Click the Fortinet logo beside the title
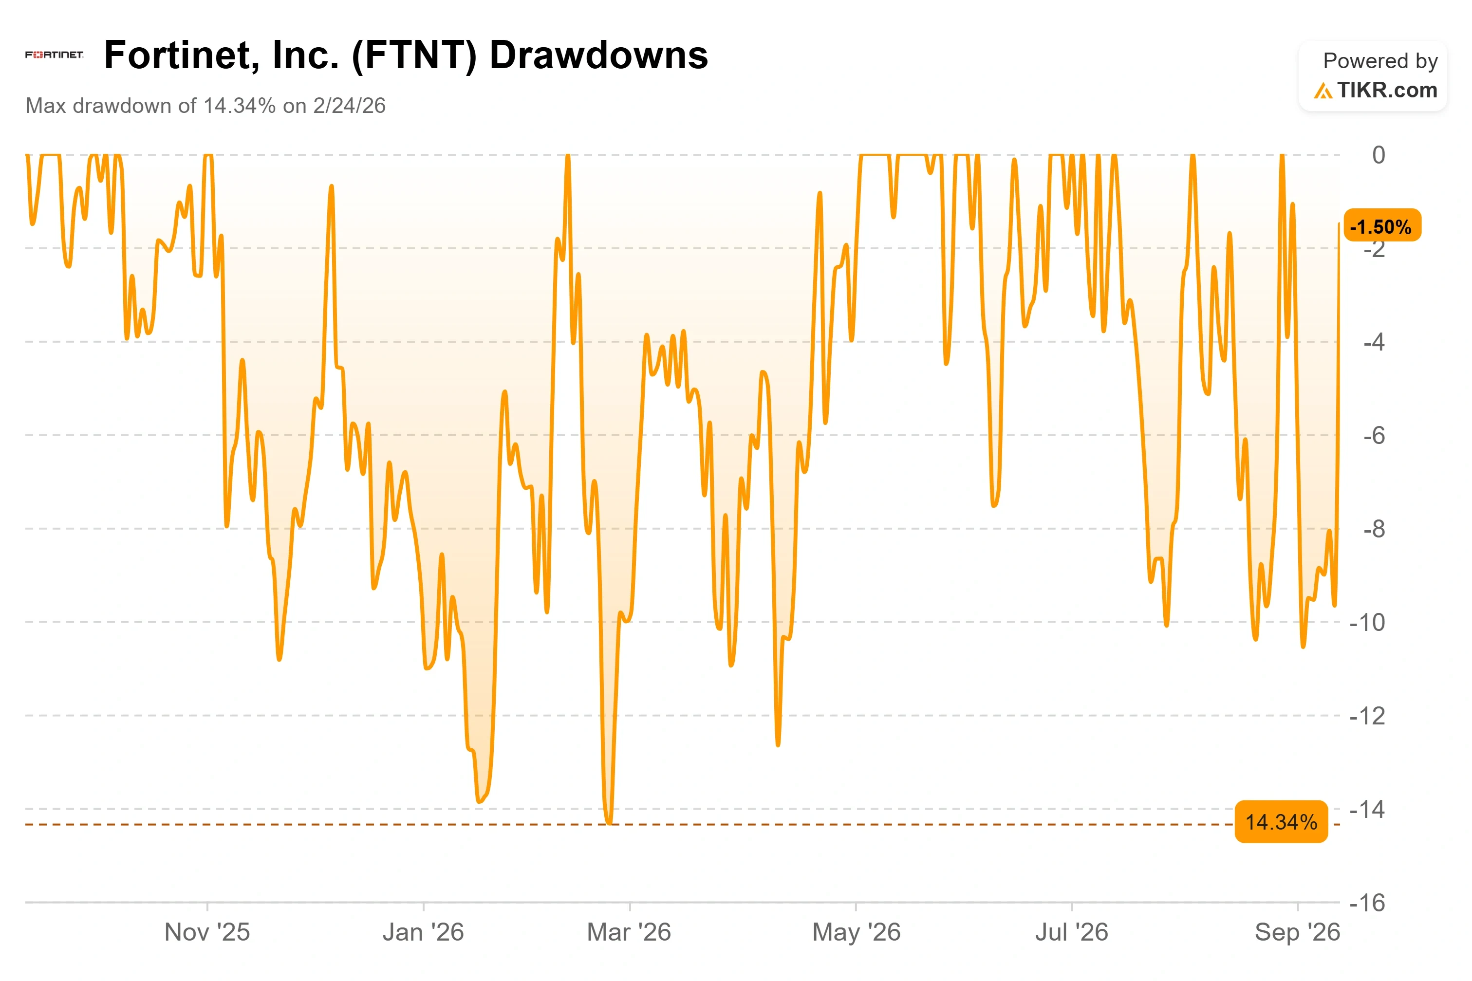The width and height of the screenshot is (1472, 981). (x=55, y=55)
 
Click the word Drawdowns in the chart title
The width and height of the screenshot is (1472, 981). (x=598, y=55)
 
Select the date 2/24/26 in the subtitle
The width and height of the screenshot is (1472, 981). (x=349, y=106)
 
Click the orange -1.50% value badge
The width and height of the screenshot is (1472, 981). (x=1381, y=226)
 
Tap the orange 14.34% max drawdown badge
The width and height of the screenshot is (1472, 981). (x=1281, y=821)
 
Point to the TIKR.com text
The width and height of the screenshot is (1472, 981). (x=1387, y=90)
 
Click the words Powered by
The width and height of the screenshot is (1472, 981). (x=1380, y=61)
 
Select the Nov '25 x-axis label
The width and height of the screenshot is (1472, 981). (x=207, y=932)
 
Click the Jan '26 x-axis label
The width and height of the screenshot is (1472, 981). (x=424, y=932)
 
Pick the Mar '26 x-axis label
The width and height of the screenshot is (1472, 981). (x=629, y=932)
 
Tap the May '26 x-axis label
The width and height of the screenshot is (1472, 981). (x=856, y=933)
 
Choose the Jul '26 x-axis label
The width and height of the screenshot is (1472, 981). (x=1072, y=932)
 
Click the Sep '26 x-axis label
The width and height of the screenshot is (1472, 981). (x=1298, y=933)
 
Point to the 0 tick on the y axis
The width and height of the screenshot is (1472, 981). (x=1378, y=155)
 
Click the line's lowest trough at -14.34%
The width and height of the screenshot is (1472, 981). (x=609, y=823)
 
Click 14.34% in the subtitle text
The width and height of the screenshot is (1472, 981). (x=240, y=106)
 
